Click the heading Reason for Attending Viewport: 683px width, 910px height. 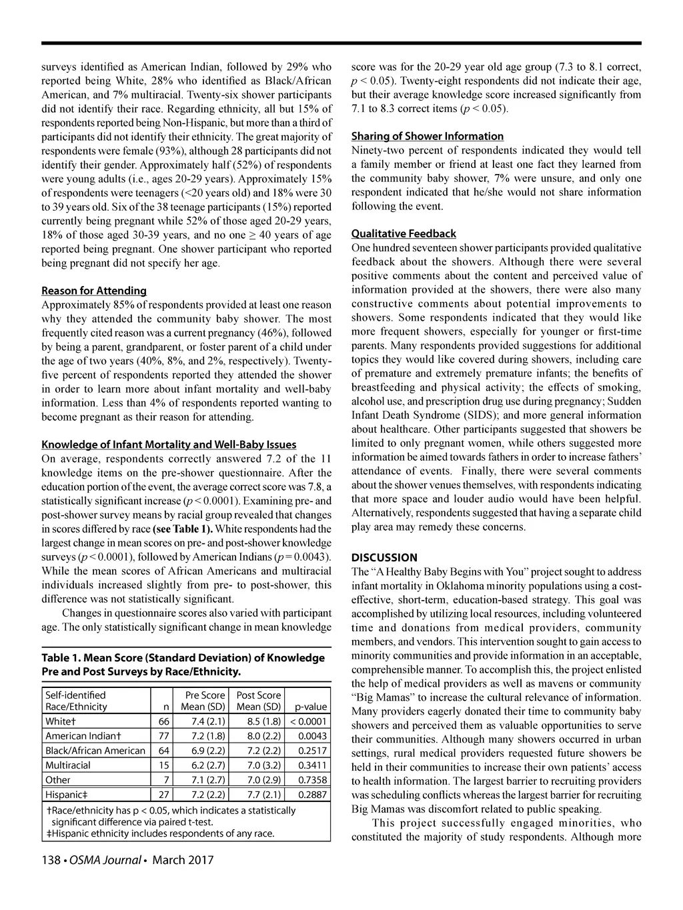pos(94,291)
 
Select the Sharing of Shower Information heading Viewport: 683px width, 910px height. pos(428,136)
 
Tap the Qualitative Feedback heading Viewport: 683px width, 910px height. pos(404,233)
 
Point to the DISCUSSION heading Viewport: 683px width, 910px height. pos(384,557)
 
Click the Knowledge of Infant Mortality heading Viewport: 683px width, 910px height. pos(169,444)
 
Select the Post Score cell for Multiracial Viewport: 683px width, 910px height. pos(259,765)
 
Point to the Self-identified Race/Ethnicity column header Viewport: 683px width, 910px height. pos(76,701)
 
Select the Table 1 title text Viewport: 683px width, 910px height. pos(183,664)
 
